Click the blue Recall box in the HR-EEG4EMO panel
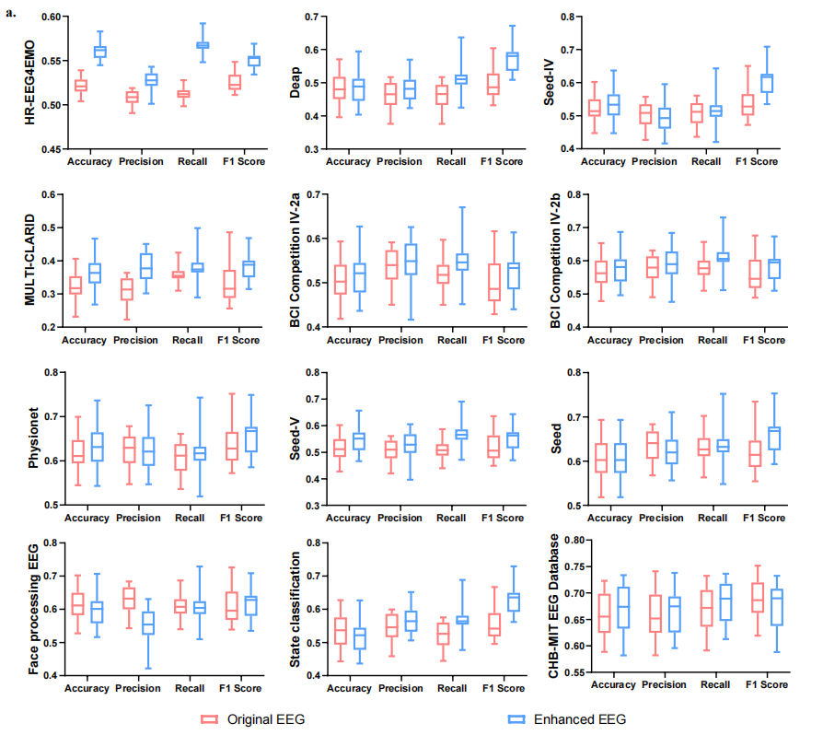[203, 44]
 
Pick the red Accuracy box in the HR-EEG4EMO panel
[81, 85]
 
